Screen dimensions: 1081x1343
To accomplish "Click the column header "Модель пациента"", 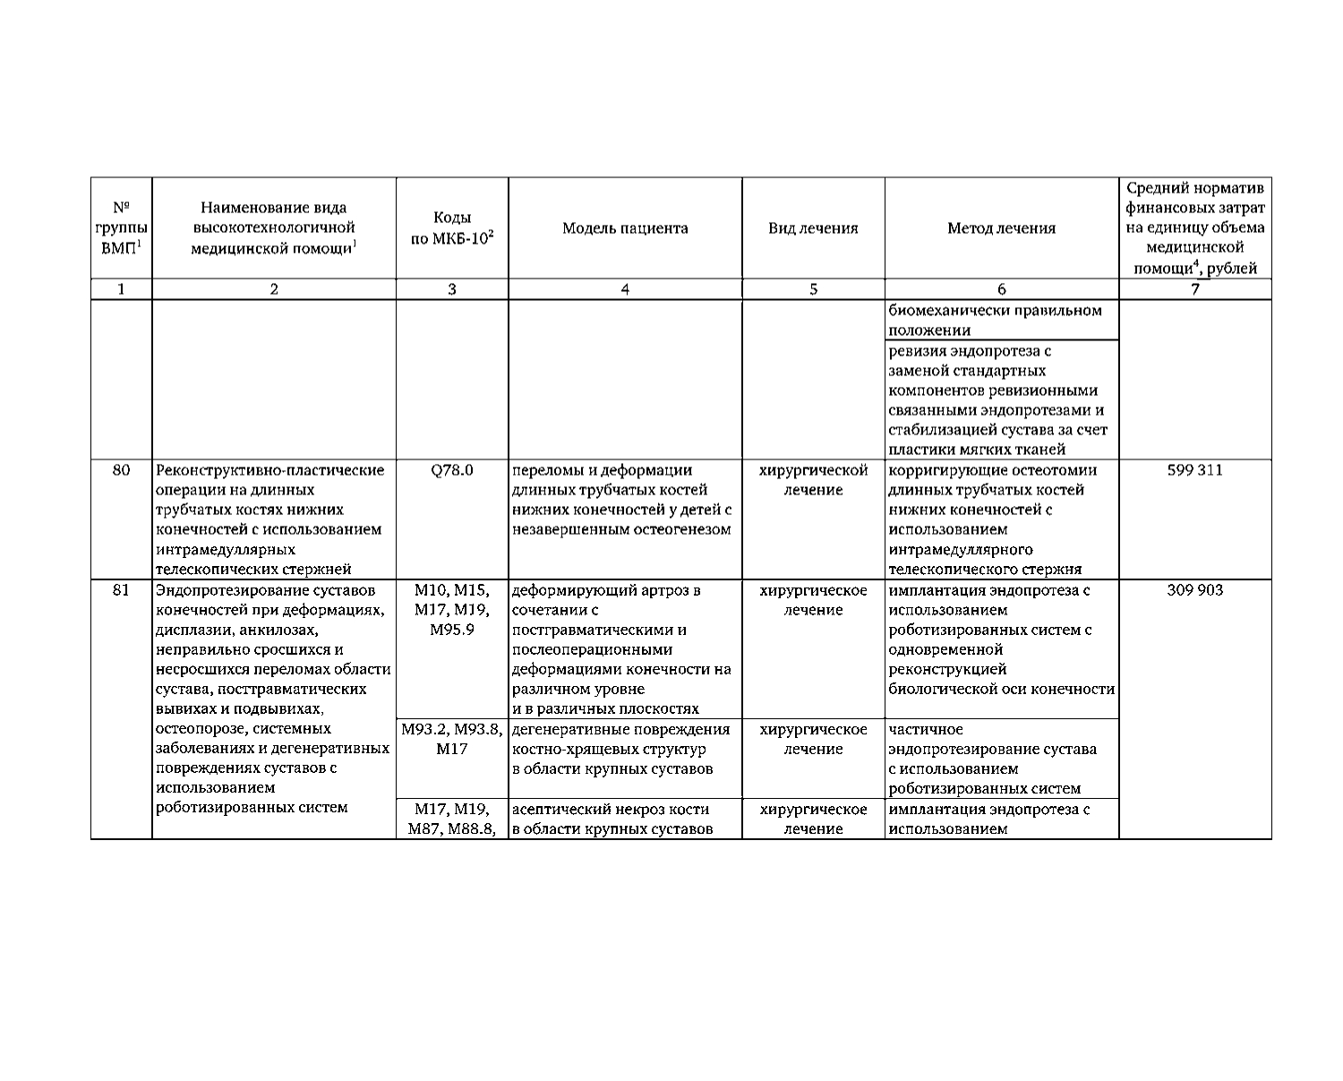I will (x=625, y=228).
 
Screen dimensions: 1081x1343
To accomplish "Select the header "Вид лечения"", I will (x=813, y=228).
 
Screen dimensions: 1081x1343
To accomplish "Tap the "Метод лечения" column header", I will (x=1001, y=228).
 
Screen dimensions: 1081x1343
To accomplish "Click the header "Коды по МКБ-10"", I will (x=452, y=228).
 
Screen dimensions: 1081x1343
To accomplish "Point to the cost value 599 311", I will (x=1194, y=470).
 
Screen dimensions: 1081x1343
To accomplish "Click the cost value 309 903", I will (x=1194, y=590).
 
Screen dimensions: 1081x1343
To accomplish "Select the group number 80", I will (x=122, y=470).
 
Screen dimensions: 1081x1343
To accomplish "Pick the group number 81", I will (x=122, y=590).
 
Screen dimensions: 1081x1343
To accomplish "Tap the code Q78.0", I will (x=452, y=470).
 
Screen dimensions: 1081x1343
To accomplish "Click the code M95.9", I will (x=452, y=630).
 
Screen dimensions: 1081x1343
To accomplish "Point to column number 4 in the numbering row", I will (x=625, y=289).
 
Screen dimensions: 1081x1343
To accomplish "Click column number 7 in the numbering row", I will (x=1194, y=289).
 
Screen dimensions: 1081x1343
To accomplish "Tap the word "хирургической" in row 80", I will (x=813, y=470).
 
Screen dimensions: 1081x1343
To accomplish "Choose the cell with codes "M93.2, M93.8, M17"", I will (x=452, y=739).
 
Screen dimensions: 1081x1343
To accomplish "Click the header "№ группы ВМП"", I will (x=122, y=228).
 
